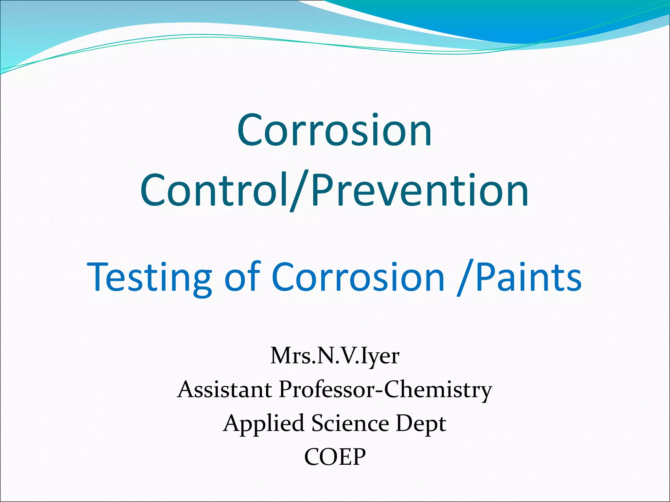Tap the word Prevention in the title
(420, 191)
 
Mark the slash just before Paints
(465, 278)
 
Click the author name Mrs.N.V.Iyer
(335, 356)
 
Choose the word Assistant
(224, 390)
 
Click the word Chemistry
(438, 390)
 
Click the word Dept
(421, 424)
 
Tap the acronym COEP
(335, 457)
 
